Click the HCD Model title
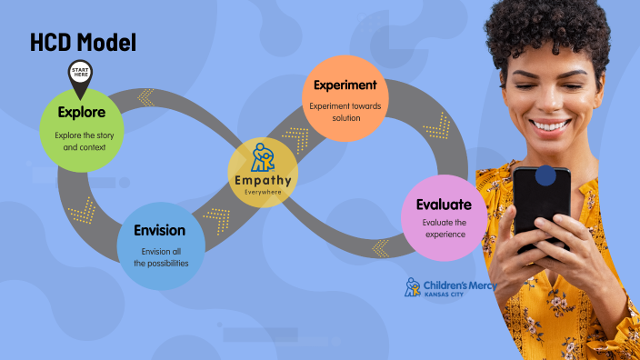83,42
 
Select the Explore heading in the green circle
81,113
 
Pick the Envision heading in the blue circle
159,230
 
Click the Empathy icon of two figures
263,157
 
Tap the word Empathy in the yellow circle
263,181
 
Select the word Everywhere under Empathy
263,193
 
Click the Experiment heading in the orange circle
345,85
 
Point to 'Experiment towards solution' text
345,113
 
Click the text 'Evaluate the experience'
444,228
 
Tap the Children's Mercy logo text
458,285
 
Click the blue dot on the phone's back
545,175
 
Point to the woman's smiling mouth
550,123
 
